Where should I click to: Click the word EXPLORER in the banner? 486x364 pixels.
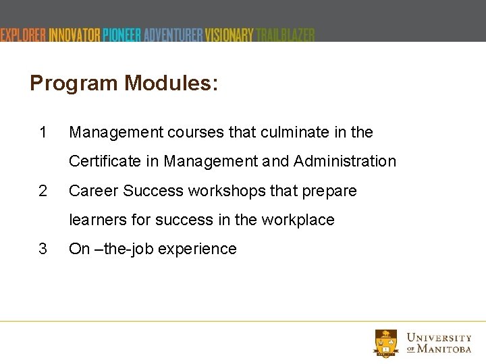point(23,35)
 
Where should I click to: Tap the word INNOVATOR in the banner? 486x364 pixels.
point(75,35)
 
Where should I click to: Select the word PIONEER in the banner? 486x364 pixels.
point(122,35)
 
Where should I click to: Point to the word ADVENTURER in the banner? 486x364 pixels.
point(173,35)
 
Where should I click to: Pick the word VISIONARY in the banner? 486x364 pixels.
point(230,35)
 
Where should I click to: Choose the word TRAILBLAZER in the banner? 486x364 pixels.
point(286,35)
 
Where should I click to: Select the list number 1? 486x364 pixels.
point(43,133)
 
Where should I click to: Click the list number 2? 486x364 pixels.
point(43,191)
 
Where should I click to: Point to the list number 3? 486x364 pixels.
point(43,249)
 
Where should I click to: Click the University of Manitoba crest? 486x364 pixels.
point(386,342)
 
